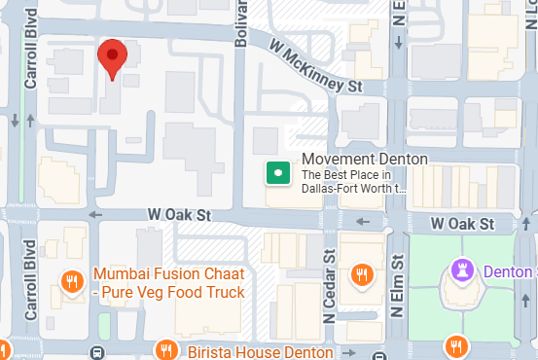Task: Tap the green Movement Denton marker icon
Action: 277,174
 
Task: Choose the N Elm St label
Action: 397,285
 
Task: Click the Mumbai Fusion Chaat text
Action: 168,273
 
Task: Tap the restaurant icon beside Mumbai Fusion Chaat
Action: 71,282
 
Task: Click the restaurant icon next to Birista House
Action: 166,349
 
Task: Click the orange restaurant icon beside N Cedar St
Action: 362,274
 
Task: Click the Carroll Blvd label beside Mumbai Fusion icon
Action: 29,263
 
